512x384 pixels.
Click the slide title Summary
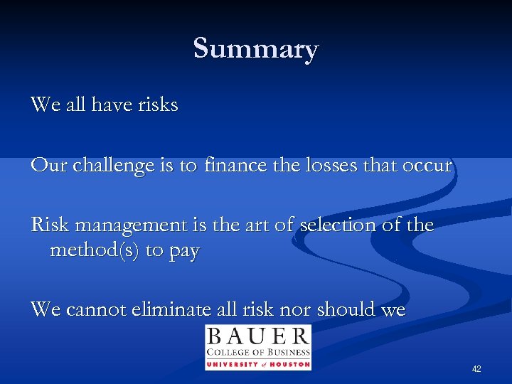pyautogui.click(x=256, y=49)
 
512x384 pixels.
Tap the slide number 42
pyautogui.click(x=476, y=369)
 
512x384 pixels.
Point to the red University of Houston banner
pyautogui.click(x=258, y=364)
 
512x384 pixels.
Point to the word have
pyautogui.click(x=112, y=105)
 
